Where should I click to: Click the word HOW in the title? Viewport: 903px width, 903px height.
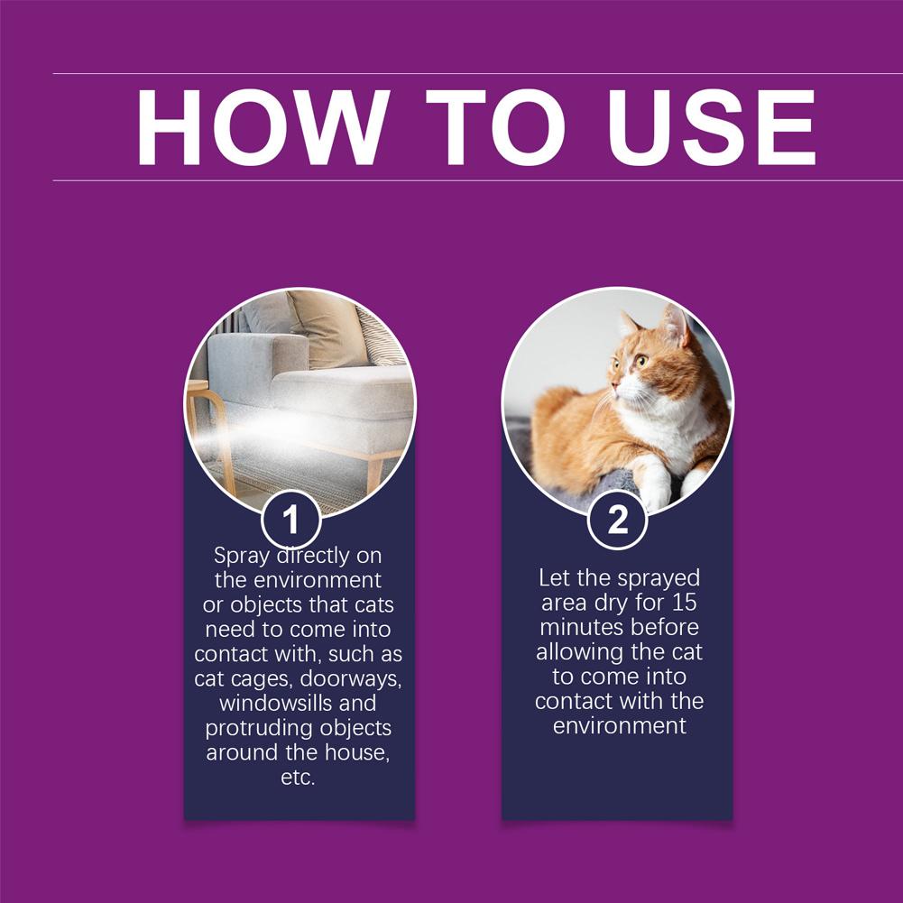(263, 127)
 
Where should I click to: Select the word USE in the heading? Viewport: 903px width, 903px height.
(711, 127)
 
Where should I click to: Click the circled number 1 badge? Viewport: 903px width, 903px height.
(290, 521)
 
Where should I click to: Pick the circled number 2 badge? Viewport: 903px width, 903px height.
(617, 521)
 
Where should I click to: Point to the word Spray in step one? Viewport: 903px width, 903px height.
(241, 555)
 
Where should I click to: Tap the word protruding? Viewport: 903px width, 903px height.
(258, 727)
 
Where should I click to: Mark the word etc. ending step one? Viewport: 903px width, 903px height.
(298, 777)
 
